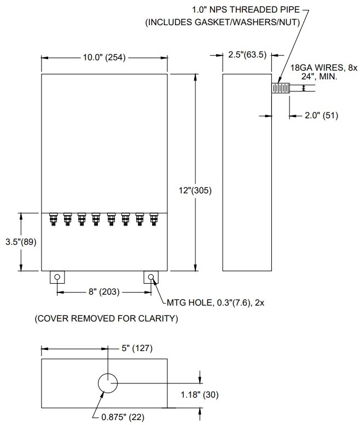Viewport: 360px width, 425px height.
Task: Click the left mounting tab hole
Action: click(56, 277)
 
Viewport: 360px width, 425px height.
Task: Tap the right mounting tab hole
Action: click(152, 277)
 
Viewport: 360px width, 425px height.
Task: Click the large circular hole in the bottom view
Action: click(108, 383)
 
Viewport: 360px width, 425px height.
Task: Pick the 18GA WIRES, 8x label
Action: click(323, 68)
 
